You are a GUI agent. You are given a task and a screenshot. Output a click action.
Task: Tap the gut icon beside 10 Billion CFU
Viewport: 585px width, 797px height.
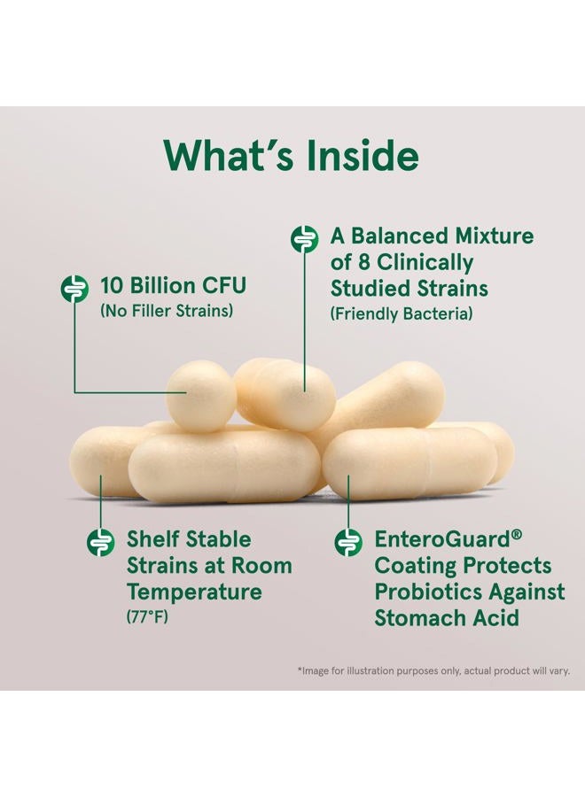coord(74,288)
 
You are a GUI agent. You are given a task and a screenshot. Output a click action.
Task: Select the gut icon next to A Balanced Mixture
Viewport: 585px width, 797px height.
coord(304,239)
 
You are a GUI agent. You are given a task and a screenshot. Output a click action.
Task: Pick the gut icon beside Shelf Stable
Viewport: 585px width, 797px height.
coord(100,542)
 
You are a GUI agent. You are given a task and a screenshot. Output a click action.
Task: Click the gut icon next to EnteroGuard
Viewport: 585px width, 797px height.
coord(348,542)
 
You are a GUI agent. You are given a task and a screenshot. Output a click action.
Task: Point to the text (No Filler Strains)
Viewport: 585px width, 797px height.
coord(167,311)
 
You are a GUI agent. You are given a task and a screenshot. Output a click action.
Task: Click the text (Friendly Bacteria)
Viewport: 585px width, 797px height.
coord(402,313)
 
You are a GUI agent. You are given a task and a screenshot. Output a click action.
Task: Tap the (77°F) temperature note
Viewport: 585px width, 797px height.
coord(147,617)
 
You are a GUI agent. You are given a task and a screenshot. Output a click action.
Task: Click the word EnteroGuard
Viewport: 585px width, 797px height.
coord(442,539)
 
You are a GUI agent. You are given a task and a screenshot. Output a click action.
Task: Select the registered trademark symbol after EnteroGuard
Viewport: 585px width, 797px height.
coord(517,535)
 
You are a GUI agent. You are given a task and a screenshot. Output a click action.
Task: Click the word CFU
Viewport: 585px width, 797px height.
coord(224,285)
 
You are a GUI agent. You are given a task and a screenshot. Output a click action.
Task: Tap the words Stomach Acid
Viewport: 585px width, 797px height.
coord(447,618)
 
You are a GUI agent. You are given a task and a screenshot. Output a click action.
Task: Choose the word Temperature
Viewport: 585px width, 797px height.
coord(194,592)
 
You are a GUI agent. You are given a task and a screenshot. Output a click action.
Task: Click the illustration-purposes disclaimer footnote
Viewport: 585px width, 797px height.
coord(433,671)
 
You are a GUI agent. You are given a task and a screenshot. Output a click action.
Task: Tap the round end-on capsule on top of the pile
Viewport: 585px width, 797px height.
coord(201,397)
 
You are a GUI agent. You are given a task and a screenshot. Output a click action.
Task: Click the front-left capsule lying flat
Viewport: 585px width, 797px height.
coord(224,466)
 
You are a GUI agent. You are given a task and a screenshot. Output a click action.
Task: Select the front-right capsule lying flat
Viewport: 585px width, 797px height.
coord(410,462)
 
